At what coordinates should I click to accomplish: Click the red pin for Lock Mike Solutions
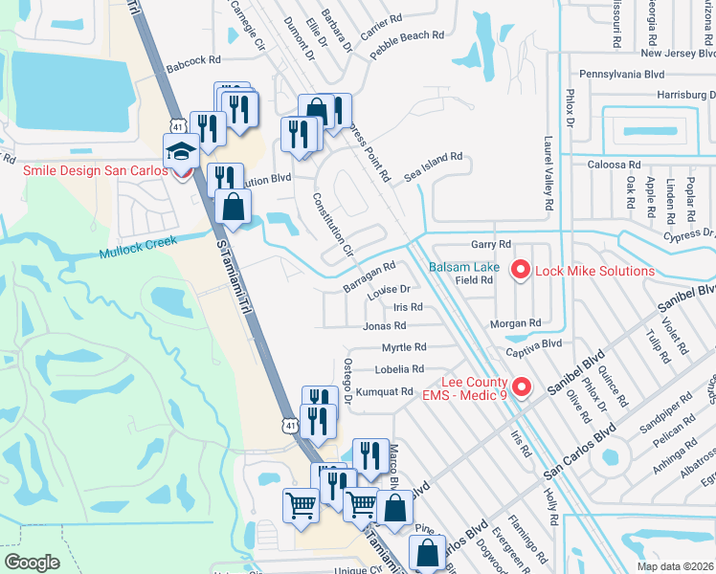[x=522, y=271]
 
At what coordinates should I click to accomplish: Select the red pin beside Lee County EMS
[x=522, y=387]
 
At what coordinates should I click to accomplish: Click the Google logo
[x=33, y=563]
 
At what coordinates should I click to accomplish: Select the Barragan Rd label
[x=369, y=278]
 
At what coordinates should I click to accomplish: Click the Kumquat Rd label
[x=384, y=391]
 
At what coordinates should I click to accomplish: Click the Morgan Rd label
[x=515, y=323]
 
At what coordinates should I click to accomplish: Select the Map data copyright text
[x=662, y=566]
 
